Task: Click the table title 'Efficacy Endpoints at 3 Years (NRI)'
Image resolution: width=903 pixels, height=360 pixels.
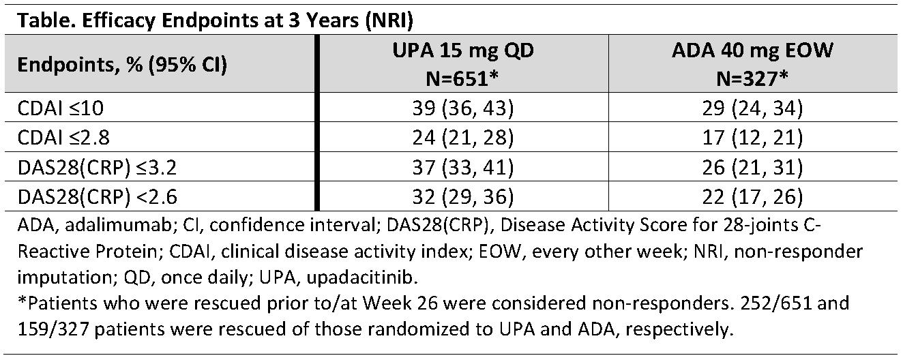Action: click(248, 20)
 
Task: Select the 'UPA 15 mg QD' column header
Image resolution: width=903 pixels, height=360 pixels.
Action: click(463, 50)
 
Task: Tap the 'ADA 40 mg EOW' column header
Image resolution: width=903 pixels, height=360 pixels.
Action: click(752, 50)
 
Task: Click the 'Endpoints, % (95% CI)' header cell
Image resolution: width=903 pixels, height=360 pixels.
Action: click(122, 65)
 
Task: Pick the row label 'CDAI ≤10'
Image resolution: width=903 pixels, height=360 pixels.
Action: click(61, 108)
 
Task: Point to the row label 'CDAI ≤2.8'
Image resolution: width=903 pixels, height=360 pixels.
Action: click(63, 138)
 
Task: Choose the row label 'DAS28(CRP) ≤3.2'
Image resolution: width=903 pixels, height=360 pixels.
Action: click(97, 167)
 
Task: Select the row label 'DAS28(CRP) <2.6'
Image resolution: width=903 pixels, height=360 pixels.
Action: click(97, 197)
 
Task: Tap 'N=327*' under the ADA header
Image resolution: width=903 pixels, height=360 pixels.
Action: click(752, 78)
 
